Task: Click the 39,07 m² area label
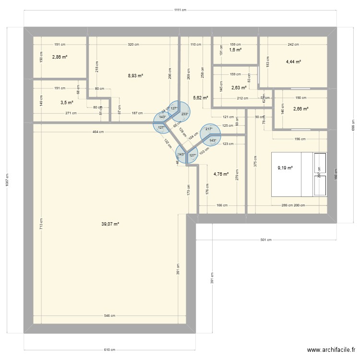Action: coord(110,224)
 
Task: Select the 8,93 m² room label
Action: coord(135,75)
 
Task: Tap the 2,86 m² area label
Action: coord(60,57)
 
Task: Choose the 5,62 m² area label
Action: coord(200,97)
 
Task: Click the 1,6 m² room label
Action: coord(235,49)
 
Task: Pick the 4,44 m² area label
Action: coord(293,61)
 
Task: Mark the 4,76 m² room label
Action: coord(220,174)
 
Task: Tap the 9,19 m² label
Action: coord(285,168)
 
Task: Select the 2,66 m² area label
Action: coord(300,108)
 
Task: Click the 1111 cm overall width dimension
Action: coord(180,10)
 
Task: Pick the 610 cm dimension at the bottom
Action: coord(110,349)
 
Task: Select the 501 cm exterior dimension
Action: coord(266,240)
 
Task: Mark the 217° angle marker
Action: coord(208,129)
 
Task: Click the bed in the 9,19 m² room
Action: coord(298,174)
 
